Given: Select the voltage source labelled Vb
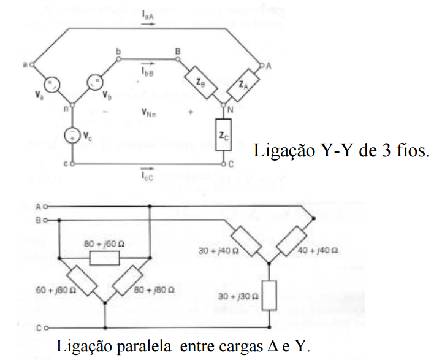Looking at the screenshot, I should [95, 82].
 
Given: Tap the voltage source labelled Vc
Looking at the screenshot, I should [72, 134].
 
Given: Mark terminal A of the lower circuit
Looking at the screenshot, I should [41, 206].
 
